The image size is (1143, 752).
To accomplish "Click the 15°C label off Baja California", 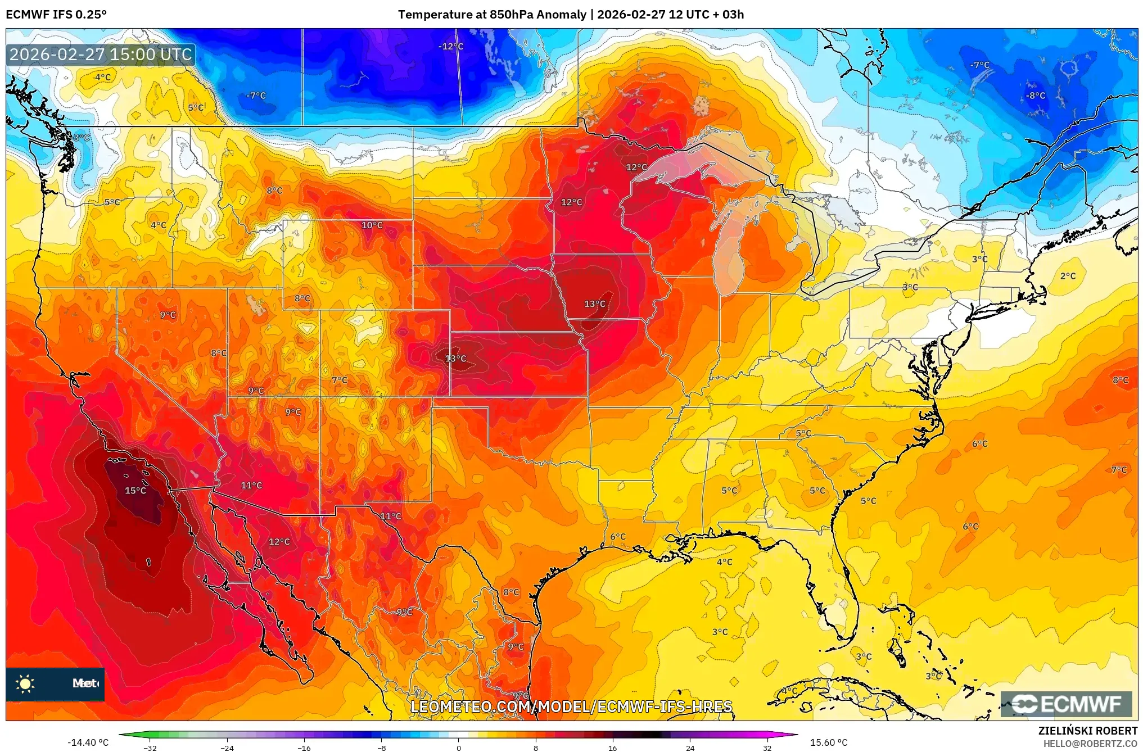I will coord(135,491).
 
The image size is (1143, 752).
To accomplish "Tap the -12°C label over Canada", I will coord(451,46).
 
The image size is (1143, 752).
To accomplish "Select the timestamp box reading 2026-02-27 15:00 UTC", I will coord(101,55).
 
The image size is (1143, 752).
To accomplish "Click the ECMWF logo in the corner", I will coord(1066,704).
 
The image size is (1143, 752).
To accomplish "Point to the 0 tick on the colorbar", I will coord(459,748).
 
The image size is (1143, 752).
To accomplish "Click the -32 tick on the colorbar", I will coord(150,748).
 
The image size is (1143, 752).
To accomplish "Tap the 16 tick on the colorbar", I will coord(612,748).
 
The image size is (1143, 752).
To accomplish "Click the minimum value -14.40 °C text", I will coord(88,742).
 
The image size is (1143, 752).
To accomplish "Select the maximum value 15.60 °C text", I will coord(828,742).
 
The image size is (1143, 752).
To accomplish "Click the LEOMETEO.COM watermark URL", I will coord(571,706).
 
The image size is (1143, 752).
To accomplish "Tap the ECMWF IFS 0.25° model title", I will coord(56,15).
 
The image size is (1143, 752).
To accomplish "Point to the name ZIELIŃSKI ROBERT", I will coord(1087,731).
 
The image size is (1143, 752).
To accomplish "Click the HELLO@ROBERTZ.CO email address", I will coord(1090,744).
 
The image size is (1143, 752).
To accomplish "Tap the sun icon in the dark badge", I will coord(25,683).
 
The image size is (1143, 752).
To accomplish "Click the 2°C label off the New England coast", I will coord(1068,276).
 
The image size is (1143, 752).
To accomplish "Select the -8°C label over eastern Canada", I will coord(1036,96).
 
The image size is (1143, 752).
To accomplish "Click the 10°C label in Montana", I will coord(372,225).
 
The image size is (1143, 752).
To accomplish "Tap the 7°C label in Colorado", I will coord(340,380).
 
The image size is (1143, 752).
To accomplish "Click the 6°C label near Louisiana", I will coord(618,537).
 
